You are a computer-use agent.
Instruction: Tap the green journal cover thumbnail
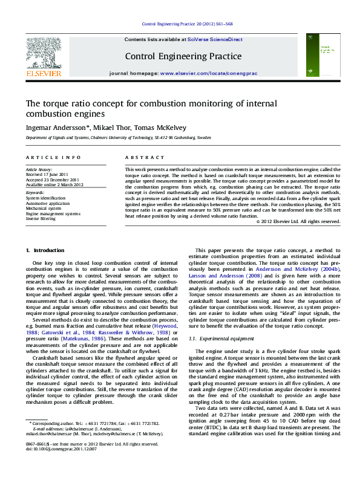tap(319, 56)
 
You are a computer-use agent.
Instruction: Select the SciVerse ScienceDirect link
tap(215, 39)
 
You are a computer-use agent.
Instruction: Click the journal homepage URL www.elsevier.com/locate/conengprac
tap(208, 73)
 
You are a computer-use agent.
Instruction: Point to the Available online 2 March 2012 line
tap(54, 184)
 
